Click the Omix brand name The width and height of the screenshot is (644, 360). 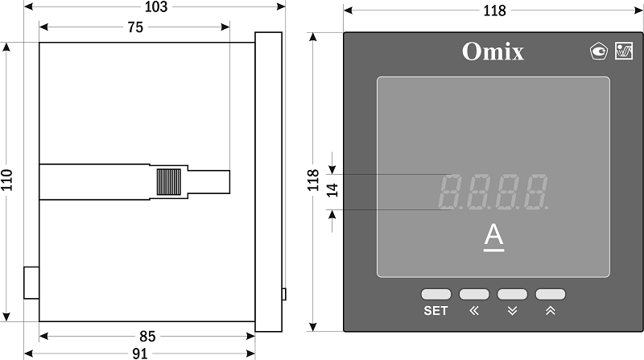493,52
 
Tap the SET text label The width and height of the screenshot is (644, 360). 436,311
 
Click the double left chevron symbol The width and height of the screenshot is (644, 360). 474,311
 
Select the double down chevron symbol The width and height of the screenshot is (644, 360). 512,311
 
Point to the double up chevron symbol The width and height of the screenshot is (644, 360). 551,311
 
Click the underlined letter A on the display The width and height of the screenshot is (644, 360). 493,238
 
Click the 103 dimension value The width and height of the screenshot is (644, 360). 156,6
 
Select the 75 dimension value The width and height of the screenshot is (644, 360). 135,27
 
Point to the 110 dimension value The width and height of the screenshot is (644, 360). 7,180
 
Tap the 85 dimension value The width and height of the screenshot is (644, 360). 147,337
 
